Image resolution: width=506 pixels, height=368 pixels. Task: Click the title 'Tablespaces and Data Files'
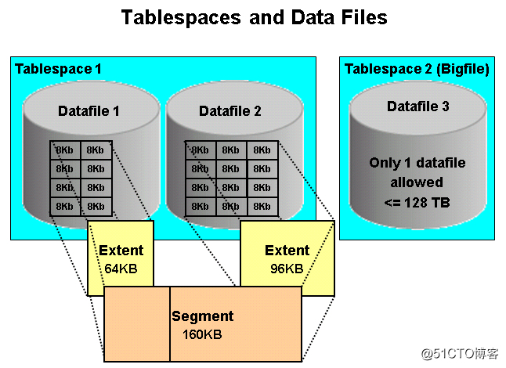[254, 17]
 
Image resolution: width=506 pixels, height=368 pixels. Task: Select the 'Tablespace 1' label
[58, 70]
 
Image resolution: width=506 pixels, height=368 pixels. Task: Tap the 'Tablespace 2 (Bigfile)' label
[417, 70]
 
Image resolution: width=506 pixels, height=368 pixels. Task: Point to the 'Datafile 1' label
[89, 111]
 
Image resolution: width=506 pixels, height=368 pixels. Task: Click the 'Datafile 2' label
[230, 111]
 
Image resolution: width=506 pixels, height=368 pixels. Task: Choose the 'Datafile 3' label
[417, 106]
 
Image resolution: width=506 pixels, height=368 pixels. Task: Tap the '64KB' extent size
[121, 269]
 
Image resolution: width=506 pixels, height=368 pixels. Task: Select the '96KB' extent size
[287, 269]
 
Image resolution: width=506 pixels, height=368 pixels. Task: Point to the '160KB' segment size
[201, 334]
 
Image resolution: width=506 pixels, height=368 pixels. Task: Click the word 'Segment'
[203, 317]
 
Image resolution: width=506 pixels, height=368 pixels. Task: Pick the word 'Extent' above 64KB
[121, 251]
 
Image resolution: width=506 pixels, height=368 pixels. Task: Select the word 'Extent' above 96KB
[287, 251]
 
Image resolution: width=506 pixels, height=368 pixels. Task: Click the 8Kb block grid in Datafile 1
[82, 179]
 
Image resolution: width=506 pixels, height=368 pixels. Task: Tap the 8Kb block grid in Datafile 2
[230, 179]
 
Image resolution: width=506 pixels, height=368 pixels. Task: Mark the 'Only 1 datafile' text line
[417, 163]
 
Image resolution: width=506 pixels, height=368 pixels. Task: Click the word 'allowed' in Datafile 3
[417, 182]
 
